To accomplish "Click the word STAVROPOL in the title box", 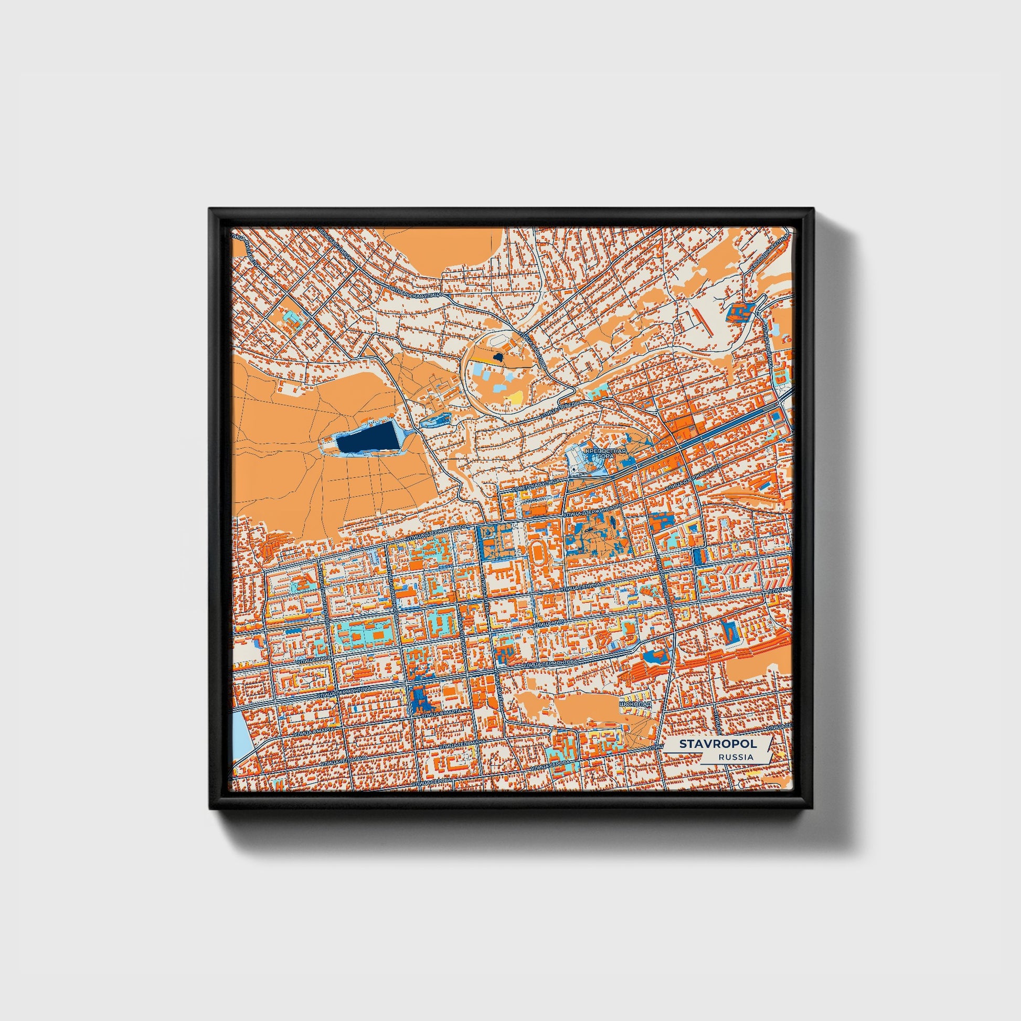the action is pyautogui.click(x=718, y=744).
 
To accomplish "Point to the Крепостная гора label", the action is pyautogui.click(x=606, y=453).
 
